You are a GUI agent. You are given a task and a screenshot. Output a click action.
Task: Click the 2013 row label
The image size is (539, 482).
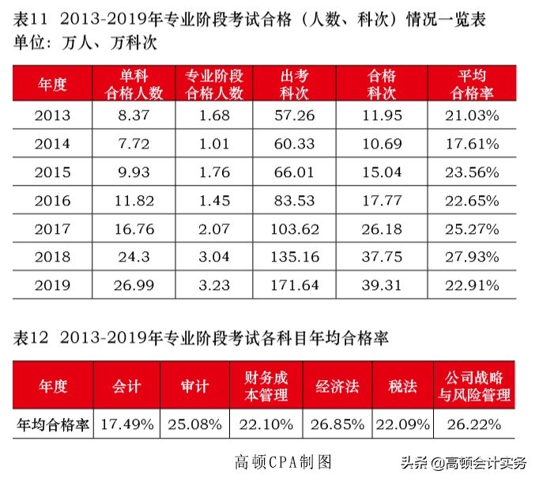click(52, 115)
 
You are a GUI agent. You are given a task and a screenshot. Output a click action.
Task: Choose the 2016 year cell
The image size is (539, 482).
click(52, 201)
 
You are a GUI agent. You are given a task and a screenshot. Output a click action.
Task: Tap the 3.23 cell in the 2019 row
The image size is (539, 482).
click(214, 284)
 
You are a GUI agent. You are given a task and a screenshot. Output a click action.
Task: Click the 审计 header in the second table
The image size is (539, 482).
click(194, 386)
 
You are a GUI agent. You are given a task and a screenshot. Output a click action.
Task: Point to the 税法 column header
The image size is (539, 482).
click(402, 386)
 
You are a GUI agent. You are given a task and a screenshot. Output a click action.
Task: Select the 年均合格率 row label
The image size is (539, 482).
click(53, 424)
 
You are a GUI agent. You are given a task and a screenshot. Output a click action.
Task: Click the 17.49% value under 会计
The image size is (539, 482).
click(126, 424)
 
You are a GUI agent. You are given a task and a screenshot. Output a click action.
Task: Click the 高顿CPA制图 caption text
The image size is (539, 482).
click(281, 461)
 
